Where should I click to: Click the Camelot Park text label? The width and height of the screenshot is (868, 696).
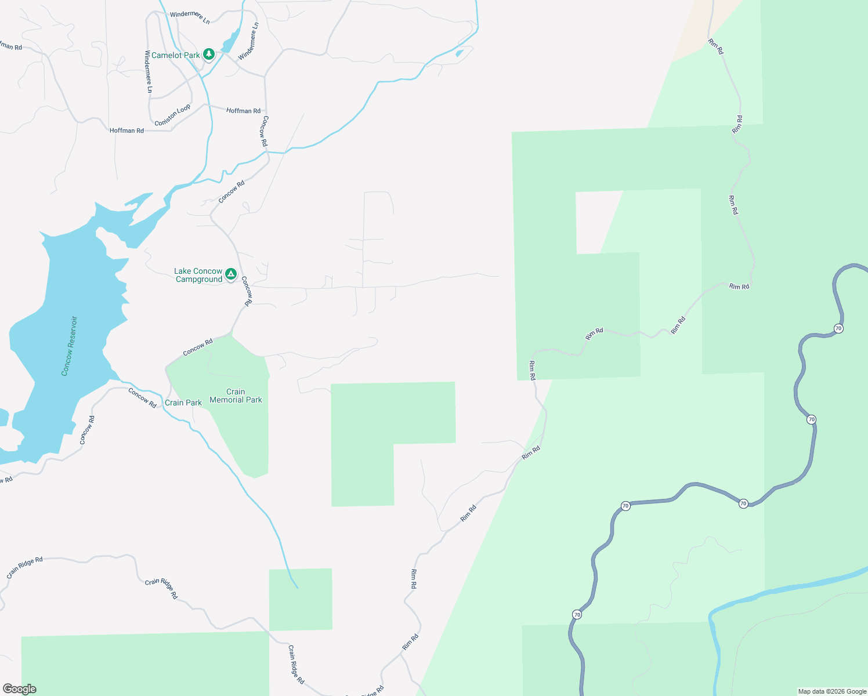(175, 56)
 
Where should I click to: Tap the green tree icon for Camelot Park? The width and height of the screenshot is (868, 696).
(209, 55)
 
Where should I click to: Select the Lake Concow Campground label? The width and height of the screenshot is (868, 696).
(198, 275)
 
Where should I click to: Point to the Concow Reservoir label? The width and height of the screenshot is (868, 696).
(69, 346)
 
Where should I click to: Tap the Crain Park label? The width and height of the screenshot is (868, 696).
(183, 403)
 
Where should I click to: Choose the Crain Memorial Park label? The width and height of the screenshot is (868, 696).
(236, 396)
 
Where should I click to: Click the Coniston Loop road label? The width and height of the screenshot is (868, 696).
(172, 115)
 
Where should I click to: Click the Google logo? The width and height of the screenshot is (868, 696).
(19, 689)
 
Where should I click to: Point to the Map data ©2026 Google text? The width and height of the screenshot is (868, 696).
(832, 691)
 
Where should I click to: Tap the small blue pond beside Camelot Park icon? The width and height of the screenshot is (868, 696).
(230, 41)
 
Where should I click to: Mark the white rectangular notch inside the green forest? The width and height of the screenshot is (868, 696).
(598, 222)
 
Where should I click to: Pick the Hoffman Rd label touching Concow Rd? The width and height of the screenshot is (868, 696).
(243, 111)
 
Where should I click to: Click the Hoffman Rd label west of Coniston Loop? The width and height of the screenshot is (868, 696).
(126, 131)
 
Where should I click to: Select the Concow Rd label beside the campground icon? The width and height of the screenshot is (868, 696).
(247, 291)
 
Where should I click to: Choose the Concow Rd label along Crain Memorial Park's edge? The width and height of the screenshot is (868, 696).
(198, 347)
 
